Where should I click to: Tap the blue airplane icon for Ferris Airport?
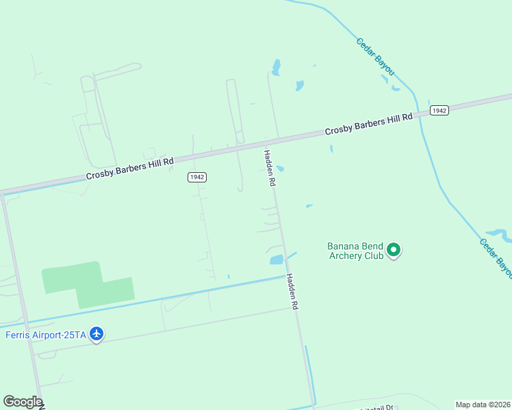point(97,333)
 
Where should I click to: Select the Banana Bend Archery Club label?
point(355,251)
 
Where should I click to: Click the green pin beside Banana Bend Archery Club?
point(394,250)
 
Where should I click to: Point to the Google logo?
point(23,402)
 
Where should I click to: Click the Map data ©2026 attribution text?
point(483,405)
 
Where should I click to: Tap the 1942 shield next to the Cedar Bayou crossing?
point(439,110)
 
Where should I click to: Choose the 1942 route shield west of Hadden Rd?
point(196,177)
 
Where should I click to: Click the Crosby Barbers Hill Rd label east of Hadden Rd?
point(368,124)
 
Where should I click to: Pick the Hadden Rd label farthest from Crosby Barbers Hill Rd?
point(293,292)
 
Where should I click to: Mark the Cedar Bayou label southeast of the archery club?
point(495,257)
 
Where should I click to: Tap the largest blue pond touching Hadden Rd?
point(276,260)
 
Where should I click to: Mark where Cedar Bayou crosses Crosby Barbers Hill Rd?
point(415,110)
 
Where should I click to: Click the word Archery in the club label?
point(348,256)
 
